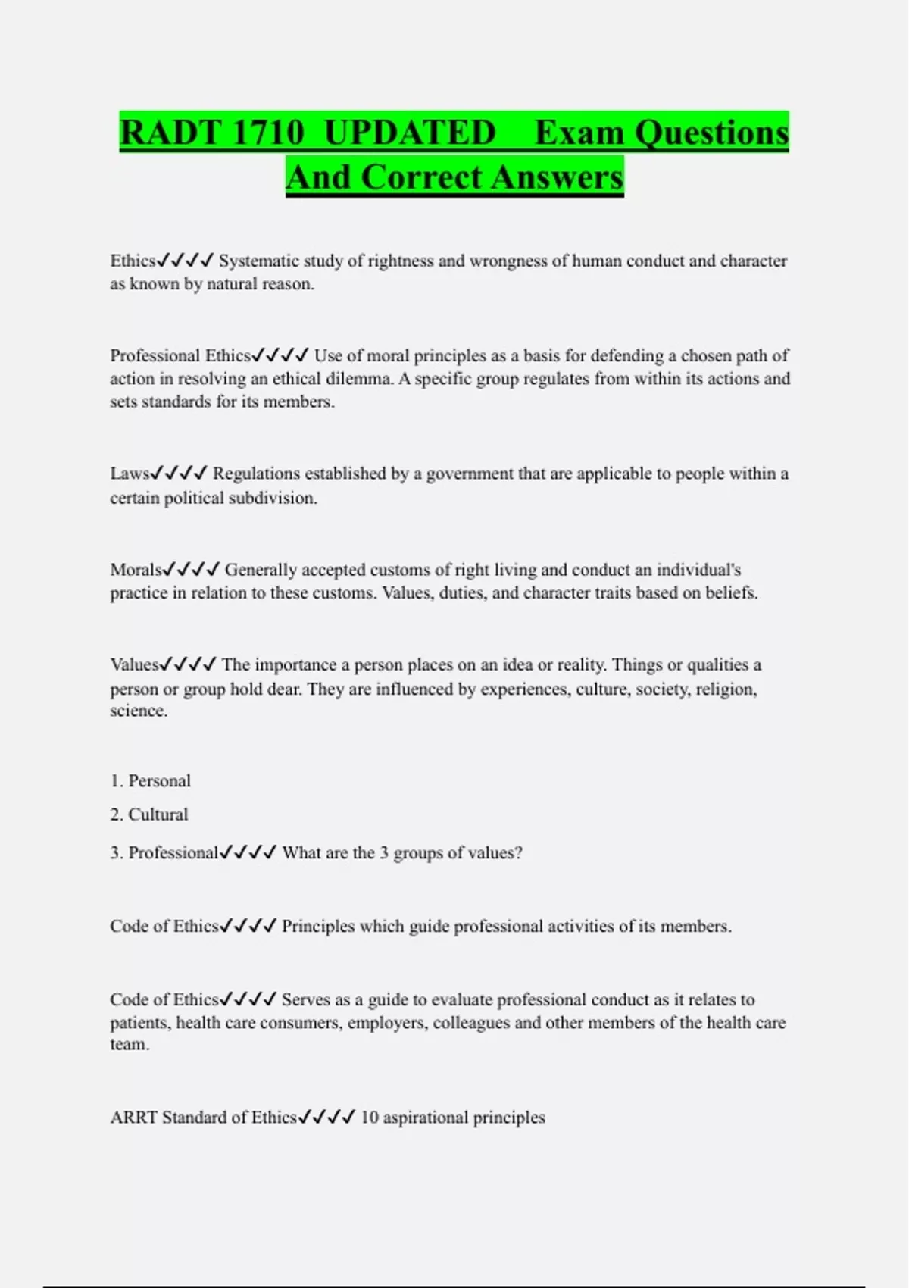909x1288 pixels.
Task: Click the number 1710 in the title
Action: [267, 133]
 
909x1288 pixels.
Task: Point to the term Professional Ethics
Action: [180, 356]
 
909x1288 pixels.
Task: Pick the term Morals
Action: [136, 570]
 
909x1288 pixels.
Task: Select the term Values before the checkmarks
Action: [134, 665]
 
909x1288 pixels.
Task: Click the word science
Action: [138, 711]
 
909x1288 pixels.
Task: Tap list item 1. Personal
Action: [151, 781]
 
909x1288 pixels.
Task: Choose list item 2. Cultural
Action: [149, 815]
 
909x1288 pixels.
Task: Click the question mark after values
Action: [518, 854]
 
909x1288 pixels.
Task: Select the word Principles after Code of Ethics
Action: [318, 927]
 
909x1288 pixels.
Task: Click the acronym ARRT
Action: [133, 1118]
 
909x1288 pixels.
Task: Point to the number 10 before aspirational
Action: [370, 1118]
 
